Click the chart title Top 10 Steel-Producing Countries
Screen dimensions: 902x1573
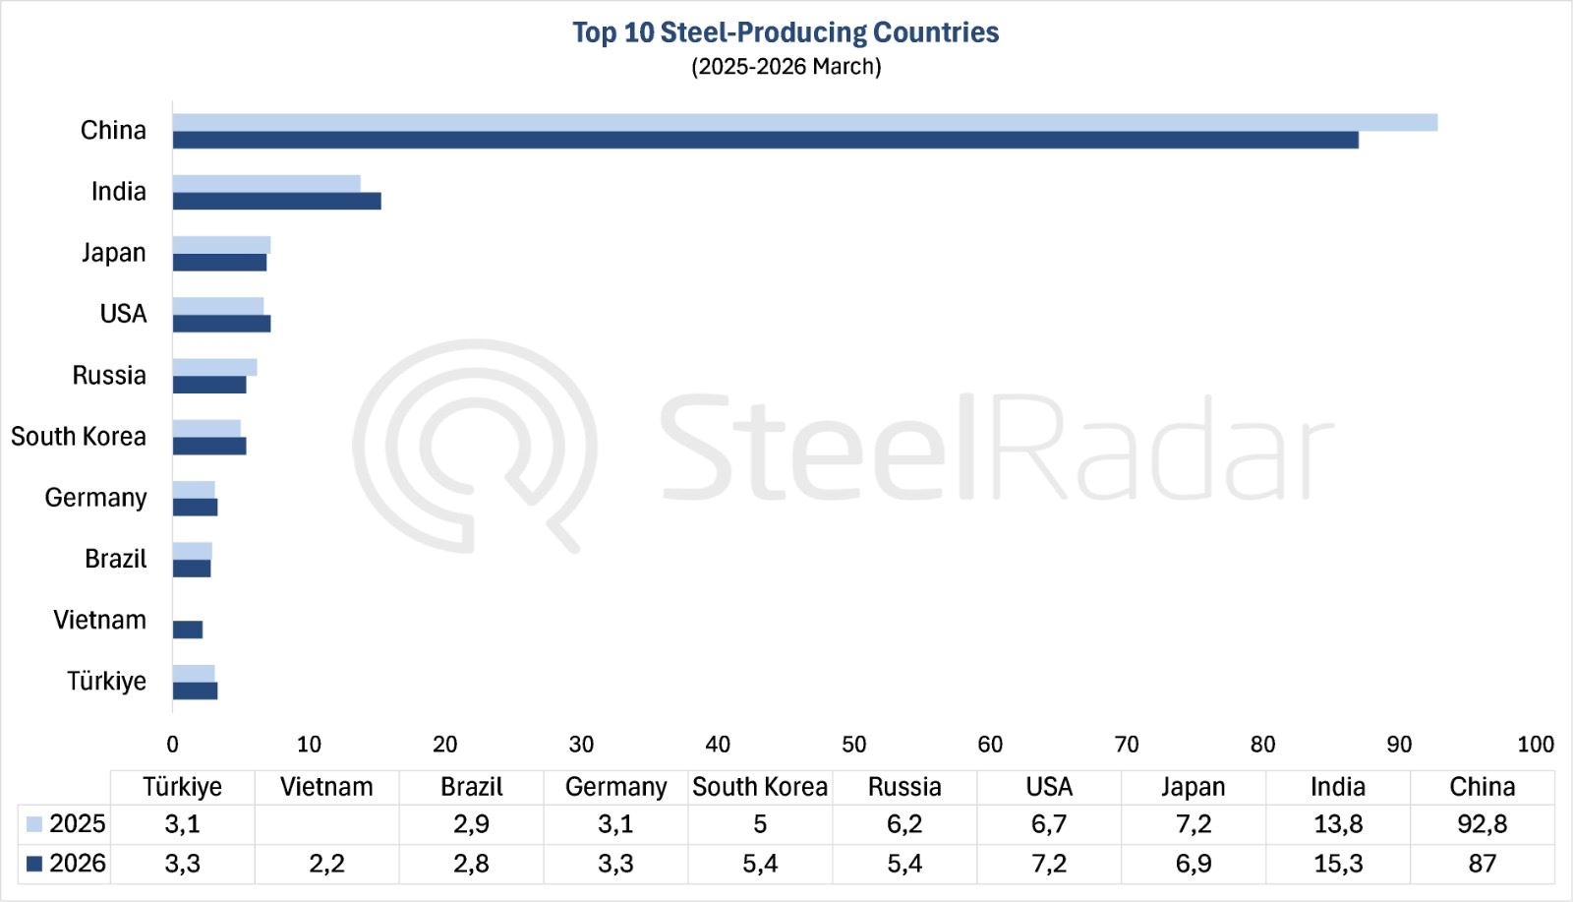(x=786, y=32)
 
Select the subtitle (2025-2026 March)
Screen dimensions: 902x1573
(x=786, y=67)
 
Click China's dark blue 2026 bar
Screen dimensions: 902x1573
(x=765, y=140)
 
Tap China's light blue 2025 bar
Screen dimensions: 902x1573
(x=804, y=122)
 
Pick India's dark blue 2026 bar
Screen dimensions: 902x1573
(x=276, y=201)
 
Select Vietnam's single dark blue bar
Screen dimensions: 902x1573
(x=188, y=630)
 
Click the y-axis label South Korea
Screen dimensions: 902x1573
(x=79, y=436)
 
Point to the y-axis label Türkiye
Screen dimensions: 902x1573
(x=106, y=681)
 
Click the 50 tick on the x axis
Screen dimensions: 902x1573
(x=853, y=745)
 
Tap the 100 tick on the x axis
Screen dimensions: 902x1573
(x=1535, y=745)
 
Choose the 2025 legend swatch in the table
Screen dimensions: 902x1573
(x=34, y=824)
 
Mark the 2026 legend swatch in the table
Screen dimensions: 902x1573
(x=34, y=864)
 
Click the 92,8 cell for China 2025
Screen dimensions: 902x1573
(x=1482, y=824)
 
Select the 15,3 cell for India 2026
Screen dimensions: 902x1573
(x=1337, y=864)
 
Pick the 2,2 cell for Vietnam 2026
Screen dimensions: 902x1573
(x=326, y=864)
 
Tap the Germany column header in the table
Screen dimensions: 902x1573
(x=615, y=787)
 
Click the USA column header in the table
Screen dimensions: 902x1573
(x=1048, y=787)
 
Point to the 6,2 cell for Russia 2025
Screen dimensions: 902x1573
(x=903, y=824)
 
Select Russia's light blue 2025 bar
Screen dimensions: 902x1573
(x=214, y=367)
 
